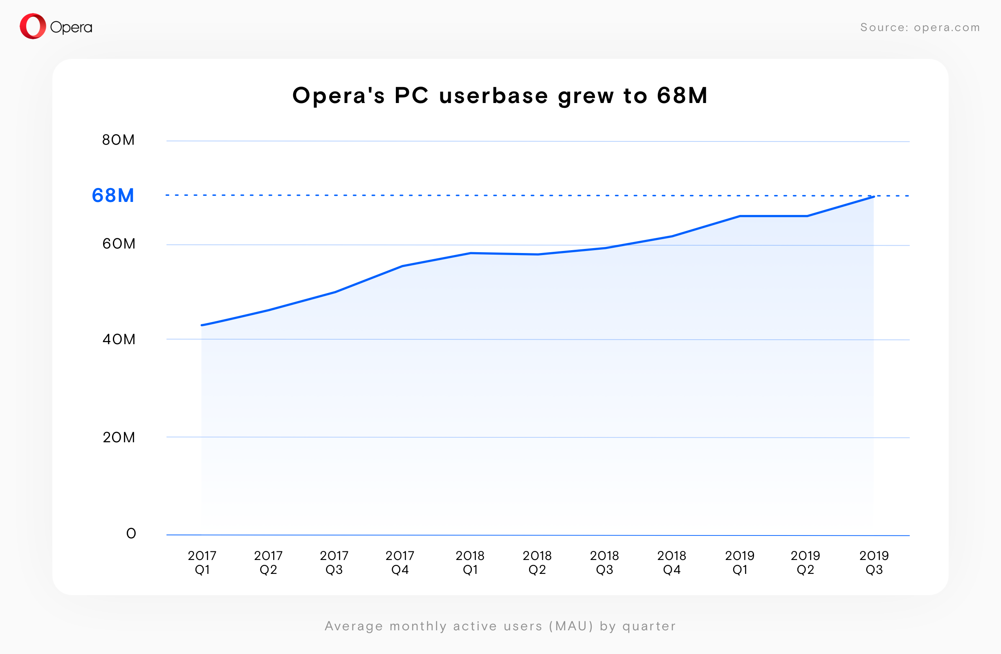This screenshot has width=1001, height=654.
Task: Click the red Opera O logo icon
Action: click(x=33, y=27)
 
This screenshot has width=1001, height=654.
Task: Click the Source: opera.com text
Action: click(x=920, y=27)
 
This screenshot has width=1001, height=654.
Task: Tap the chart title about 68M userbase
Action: click(x=500, y=95)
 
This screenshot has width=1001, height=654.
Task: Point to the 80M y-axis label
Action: click(x=119, y=140)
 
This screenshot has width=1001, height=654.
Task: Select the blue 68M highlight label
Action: click(x=113, y=195)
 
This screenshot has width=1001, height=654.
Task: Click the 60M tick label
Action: click(x=119, y=244)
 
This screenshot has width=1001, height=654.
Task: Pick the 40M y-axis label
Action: click(x=119, y=339)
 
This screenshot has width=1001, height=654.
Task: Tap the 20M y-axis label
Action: click(x=119, y=437)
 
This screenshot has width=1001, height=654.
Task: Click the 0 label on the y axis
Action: click(x=131, y=533)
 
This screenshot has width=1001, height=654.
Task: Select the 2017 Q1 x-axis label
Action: click(x=202, y=563)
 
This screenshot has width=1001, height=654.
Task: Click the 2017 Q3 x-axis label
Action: click(x=334, y=563)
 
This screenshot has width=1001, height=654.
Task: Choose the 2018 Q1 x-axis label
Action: click(x=470, y=563)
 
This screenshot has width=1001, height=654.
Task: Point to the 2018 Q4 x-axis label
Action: click(x=672, y=563)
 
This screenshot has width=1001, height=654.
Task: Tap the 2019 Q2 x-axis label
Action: click(x=806, y=563)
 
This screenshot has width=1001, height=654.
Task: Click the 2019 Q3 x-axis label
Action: click(x=874, y=563)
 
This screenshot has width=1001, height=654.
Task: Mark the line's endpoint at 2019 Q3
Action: click(x=874, y=197)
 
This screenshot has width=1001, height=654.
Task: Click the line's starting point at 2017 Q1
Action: click(x=202, y=325)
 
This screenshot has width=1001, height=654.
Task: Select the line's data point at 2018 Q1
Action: click(x=470, y=253)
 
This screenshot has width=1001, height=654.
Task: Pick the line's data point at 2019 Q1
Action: click(x=740, y=216)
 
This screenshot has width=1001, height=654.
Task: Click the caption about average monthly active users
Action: click(x=500, y=626)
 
